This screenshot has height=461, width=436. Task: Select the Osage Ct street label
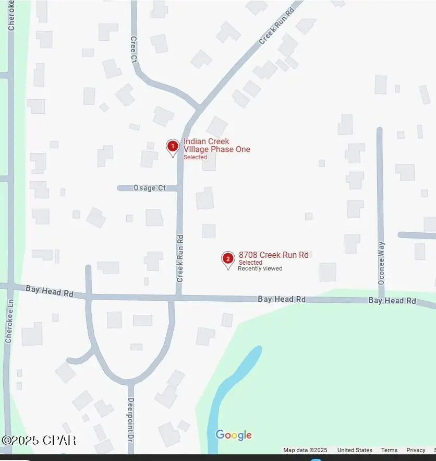pos(150,188)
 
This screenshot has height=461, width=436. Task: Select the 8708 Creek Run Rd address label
pos(274,255)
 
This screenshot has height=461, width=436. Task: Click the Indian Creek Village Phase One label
pos(216,145)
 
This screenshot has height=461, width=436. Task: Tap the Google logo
pos(234,435)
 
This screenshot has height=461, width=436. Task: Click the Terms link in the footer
pos(389,450)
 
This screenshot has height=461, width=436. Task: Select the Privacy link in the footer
pos(416,450)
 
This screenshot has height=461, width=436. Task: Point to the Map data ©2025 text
pos(305,450)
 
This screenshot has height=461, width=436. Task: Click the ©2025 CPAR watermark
pos(39,440)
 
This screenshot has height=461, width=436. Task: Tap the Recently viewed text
pos(260,268)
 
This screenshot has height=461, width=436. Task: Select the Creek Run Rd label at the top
pos(277,25)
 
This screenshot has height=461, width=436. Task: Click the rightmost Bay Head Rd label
pos(392,301)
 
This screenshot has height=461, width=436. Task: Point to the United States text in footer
pos(355,450)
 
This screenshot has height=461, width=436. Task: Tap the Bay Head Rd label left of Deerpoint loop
pos(50,290)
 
